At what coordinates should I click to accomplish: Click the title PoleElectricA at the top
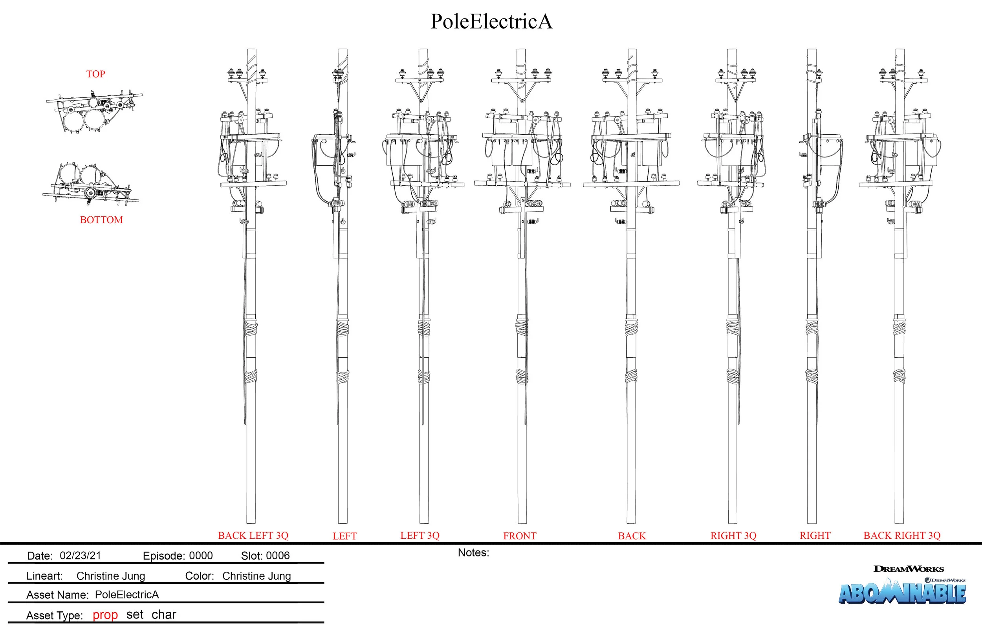491,22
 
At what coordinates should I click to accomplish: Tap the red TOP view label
95,74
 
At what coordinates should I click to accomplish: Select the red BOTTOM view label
101,220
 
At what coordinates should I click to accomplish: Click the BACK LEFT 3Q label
253,536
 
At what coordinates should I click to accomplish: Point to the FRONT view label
519,536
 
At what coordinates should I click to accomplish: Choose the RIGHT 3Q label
733,536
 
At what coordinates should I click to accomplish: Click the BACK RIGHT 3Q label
901,536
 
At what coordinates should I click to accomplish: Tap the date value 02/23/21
81,556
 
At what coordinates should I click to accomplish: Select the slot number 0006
277,556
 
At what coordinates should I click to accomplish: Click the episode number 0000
201,556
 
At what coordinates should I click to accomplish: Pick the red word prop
105,615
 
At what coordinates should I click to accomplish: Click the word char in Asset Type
163,615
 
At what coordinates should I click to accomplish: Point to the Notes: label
473,553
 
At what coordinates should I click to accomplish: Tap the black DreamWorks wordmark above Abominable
908,569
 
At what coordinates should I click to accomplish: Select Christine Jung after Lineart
111,576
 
